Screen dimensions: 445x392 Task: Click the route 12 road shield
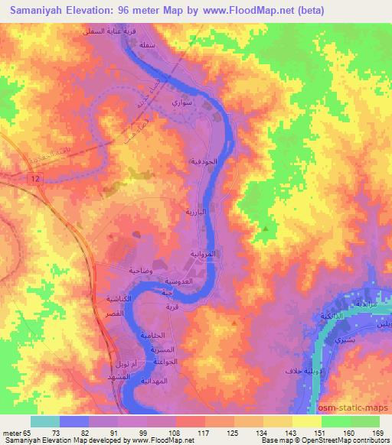coord(35,177)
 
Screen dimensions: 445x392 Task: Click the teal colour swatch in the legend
coord(45,421)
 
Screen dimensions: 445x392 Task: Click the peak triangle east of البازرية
coord(266,228)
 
